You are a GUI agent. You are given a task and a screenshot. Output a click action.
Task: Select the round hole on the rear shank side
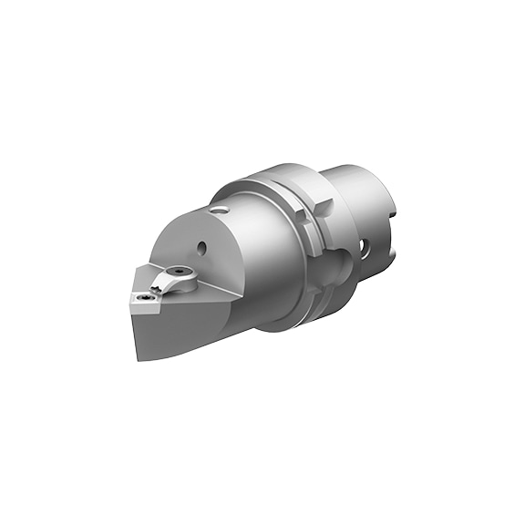[365, 246]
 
